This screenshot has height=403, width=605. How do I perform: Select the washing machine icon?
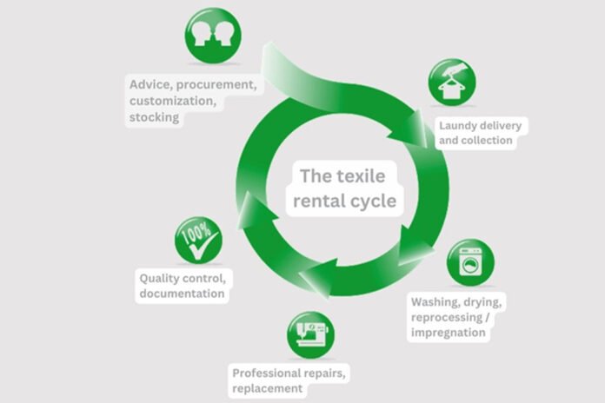point(470,263)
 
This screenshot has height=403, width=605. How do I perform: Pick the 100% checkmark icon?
point(198,241)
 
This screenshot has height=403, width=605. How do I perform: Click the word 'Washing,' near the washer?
point(439,301)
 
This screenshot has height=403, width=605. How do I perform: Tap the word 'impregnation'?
point(450,332)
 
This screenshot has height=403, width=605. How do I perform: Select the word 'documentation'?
point(183,294)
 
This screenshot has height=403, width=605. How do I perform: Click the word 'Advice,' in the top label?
point(151,85)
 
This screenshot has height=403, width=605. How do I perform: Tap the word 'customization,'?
point(171,101)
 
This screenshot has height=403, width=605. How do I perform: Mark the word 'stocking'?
point(155,116)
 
